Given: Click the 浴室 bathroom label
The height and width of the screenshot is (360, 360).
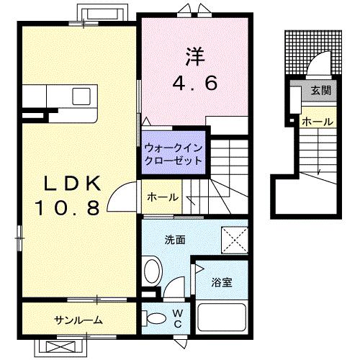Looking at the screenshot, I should coord(222,284).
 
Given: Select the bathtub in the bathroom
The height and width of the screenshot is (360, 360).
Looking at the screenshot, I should coord(222,322).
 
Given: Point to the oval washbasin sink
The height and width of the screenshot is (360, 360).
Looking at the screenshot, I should coord(153,272).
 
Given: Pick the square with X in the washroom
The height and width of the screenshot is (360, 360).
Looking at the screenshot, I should coord(234,238).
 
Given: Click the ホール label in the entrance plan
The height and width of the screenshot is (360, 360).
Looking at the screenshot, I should coord(318,122).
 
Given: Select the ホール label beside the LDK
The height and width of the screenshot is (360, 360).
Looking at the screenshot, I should coord(162,197).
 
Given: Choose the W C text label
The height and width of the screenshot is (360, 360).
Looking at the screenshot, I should coord(178,318).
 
